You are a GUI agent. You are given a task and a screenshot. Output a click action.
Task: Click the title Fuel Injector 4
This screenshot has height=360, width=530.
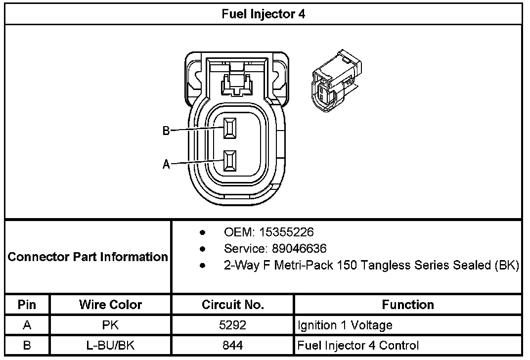(x=263, y=14)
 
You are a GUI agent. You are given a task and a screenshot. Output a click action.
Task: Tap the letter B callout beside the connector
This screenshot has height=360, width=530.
(x=166, y=131)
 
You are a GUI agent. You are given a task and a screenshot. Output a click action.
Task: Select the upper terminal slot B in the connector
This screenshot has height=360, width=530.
(x=229, y=128)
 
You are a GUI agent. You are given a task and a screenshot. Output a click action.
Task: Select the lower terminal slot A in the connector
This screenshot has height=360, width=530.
(x=229, y=161)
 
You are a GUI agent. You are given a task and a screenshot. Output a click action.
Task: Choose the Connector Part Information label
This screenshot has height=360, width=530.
(x=88, y=257)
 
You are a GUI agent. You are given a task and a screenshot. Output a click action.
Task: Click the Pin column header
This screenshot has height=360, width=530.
(x=27, y=305)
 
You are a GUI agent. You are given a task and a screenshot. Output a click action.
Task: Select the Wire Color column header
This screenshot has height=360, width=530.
(x=110, y=305)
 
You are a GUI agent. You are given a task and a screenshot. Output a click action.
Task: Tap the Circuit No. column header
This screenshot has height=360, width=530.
(x=232, y=305)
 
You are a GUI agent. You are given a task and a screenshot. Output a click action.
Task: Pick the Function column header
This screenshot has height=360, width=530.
(x=408, y=305)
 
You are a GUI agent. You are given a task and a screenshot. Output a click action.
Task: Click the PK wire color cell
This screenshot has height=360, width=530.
(x=110, y=325)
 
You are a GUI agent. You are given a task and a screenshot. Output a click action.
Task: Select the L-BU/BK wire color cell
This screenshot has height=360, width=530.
(x=110, y=345)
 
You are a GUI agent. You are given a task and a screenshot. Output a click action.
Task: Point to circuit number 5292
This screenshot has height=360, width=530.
(x=232, y=325)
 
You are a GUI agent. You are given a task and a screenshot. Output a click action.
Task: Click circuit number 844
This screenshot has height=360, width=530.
(x=232, y=345)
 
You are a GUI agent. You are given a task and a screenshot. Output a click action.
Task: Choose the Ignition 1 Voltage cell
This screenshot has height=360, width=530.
(x=345, y=325)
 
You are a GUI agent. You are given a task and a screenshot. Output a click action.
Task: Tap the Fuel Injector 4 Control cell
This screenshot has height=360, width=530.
(x=358, y=345)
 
